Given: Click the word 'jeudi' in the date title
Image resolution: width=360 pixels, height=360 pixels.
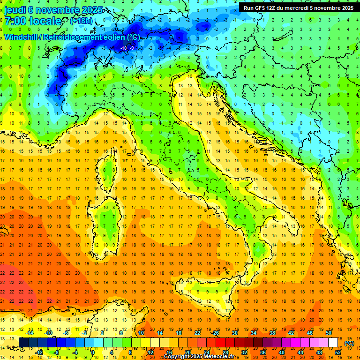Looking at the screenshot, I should click(15, 10).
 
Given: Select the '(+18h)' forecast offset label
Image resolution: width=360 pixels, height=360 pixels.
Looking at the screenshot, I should click(81, 21).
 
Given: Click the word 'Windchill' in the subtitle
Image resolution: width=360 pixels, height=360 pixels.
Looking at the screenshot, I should click(22, 37).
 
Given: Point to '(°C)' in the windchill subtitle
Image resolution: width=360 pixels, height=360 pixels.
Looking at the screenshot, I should click(133, 37).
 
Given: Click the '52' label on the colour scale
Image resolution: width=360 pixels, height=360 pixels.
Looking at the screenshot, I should click(338, 352).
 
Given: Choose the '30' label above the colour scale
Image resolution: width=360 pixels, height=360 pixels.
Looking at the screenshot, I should click(235, 333).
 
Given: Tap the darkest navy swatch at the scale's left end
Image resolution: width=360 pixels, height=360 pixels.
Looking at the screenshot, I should click(24, 343).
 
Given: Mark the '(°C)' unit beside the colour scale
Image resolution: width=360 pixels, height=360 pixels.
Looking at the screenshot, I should click(349, 343).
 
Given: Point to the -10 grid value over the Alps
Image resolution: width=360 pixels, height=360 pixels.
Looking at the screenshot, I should click(124, 48).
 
